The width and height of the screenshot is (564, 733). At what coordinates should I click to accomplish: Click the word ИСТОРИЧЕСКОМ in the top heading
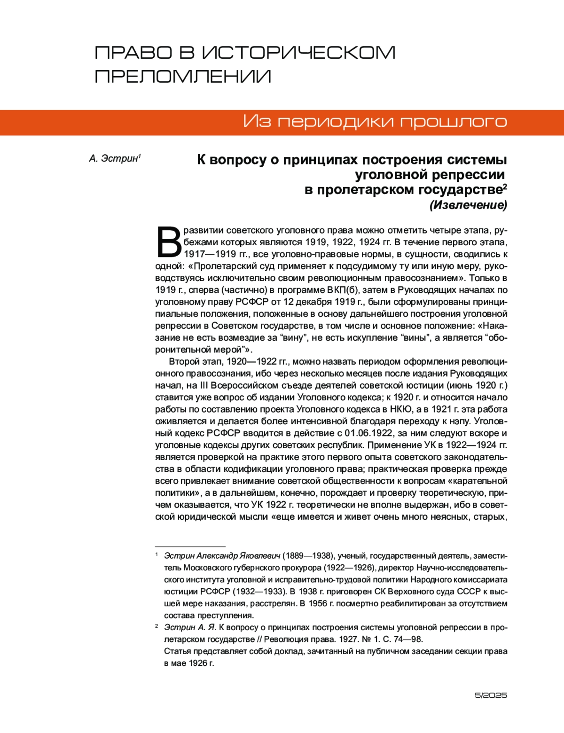click(299, 53)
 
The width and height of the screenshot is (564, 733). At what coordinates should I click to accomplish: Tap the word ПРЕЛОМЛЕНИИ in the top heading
click(183, 77)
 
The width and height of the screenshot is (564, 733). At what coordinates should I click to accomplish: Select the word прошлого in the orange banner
click(454, 122)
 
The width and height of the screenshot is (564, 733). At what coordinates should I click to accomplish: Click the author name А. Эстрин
click(114, 159)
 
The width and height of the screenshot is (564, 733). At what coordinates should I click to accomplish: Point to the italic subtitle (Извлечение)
click(468, 205)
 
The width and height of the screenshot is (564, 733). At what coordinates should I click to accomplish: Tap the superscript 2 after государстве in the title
click(505, 187)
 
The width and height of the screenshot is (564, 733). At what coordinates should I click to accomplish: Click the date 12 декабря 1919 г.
click(324, 302)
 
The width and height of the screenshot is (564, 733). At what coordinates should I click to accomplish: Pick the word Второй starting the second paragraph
click(183, 362)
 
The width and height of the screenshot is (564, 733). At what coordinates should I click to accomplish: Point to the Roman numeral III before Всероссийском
click(204, 386)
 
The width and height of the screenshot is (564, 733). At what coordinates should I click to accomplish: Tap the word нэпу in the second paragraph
click(463, 421)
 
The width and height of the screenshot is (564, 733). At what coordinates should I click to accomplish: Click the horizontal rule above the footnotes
click(190, 546)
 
